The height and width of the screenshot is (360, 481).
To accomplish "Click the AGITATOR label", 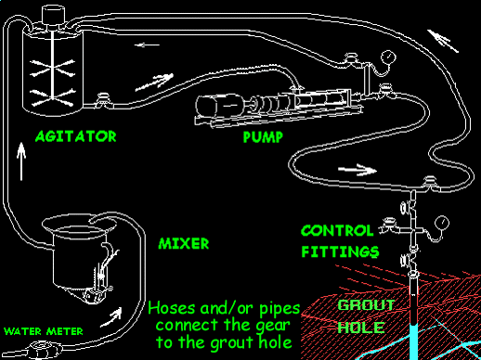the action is point(76,136).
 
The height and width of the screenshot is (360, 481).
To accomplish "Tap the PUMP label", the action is point(263,137).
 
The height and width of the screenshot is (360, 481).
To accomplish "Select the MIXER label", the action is point(184,244).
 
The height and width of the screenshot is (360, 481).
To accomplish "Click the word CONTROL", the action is point(337,231).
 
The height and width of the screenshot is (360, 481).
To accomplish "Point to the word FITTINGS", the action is point(340,252).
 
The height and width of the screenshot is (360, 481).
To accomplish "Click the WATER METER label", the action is point(44,331).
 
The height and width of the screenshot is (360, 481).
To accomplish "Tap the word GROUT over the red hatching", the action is point(366,305).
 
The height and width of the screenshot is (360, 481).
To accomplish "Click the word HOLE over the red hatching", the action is point(361,328).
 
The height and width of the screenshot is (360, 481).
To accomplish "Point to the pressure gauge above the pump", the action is point(388,58).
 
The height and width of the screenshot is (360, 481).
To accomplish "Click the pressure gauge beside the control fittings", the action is point(442,223).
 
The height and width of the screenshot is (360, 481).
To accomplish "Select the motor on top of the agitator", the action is point(54,15).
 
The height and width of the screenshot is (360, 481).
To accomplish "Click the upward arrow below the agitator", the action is point(21,161).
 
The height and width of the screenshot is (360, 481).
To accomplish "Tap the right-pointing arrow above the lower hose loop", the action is point(357,170).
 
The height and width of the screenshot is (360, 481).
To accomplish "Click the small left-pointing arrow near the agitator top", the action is point(147,45).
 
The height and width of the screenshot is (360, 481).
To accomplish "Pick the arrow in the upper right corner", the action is point(443,41).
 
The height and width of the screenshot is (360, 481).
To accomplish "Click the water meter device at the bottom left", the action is point(45,350).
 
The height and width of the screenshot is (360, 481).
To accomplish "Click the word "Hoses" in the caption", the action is point(172,308).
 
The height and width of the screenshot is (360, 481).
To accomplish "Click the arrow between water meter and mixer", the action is point(111,317).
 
